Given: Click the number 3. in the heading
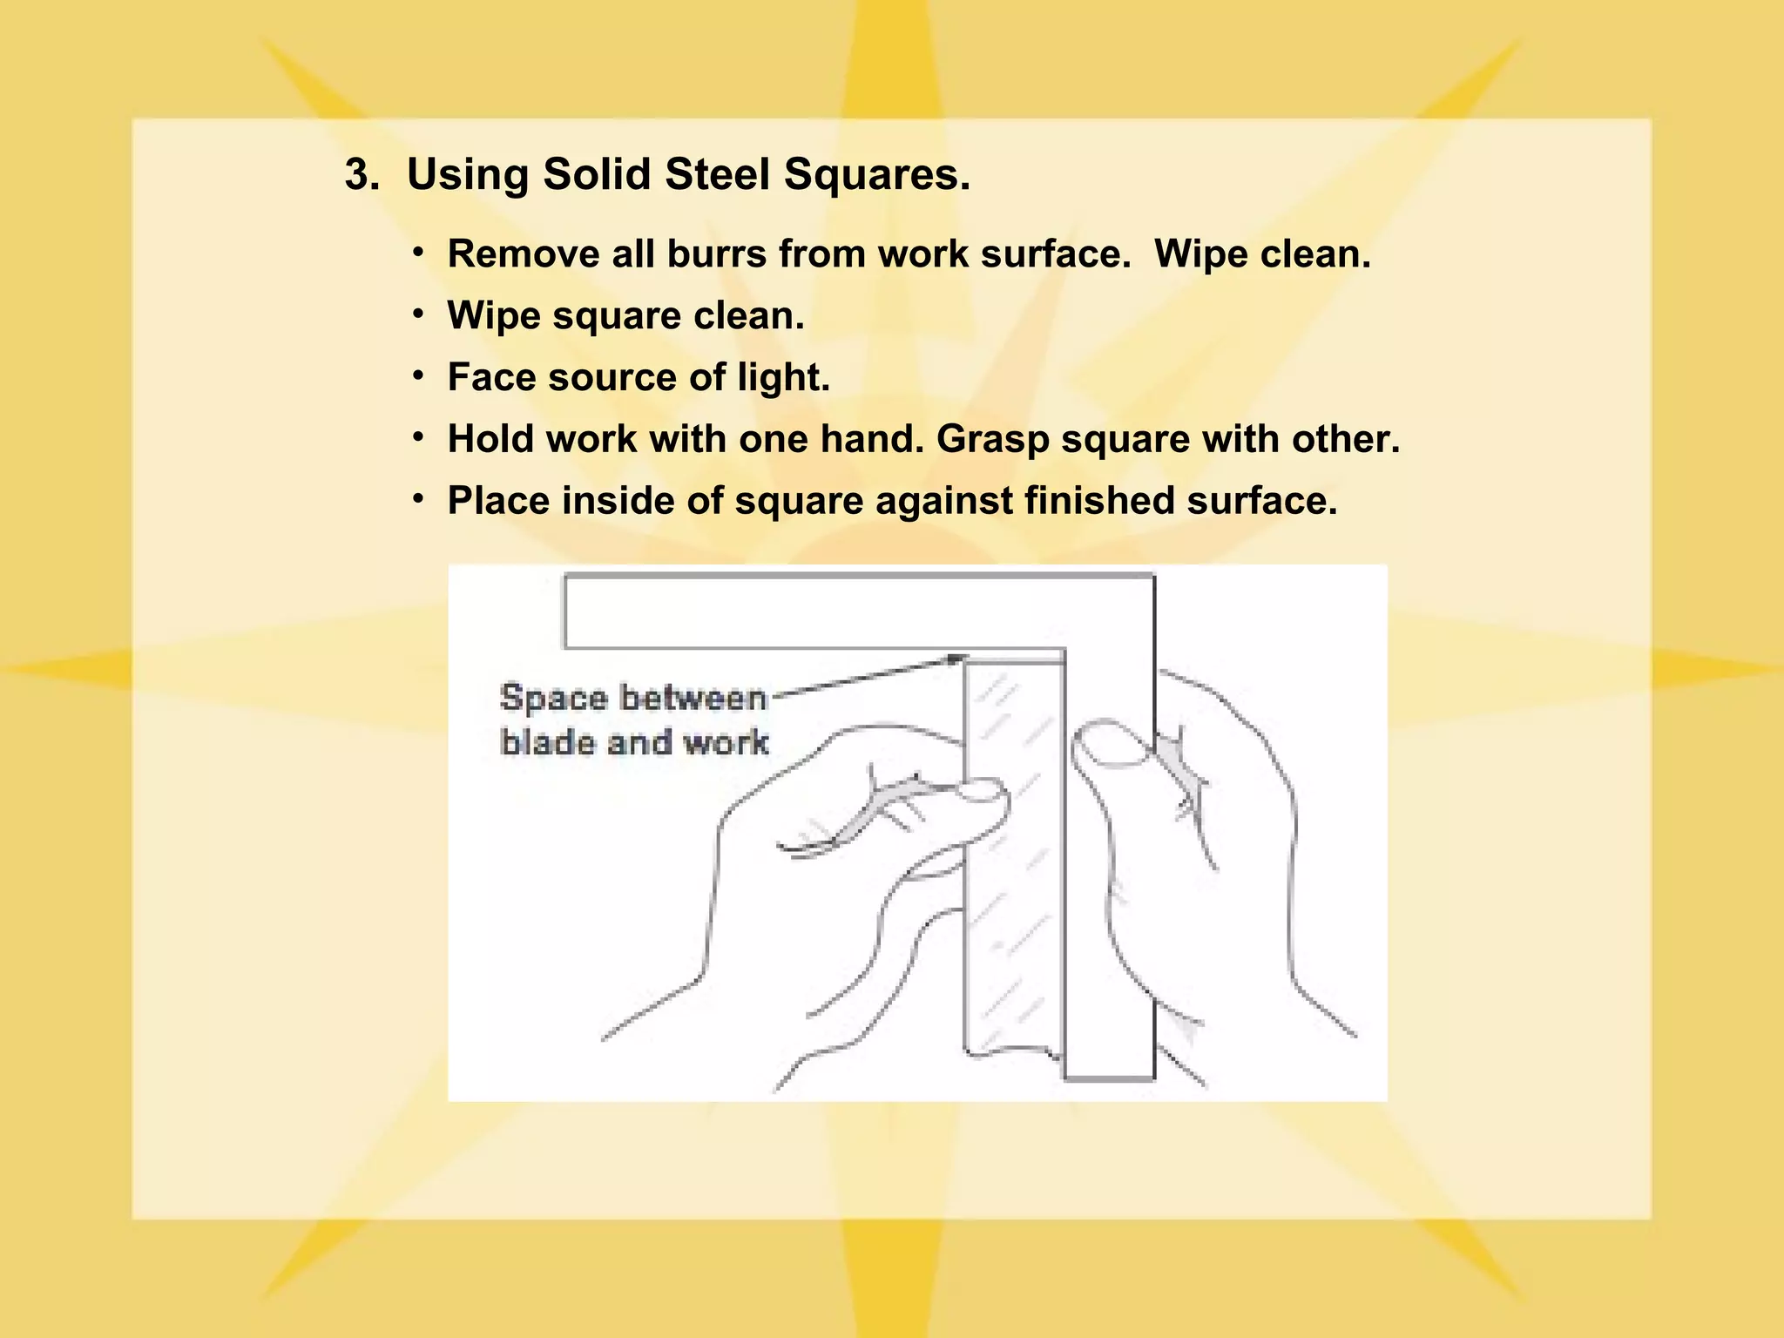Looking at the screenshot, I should [x=362, y=174].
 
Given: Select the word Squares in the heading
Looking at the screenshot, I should [x=875, y=174].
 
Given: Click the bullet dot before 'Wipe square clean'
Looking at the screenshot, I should [x=419, y=313].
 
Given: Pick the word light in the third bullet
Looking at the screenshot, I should [x=782, y=377].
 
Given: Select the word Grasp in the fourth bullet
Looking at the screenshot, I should [x=992, y=439].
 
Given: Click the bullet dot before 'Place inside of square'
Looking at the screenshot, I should [x=419, y=498].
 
